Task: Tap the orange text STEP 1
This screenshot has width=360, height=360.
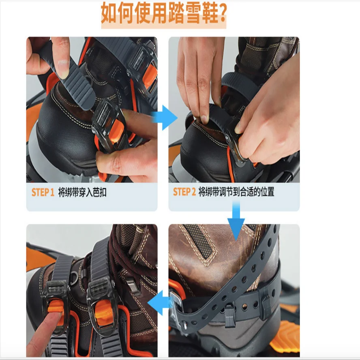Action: pyautogui.click(x=43, y=193)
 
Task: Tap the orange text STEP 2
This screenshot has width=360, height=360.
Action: pyautogui.click(x=184, y=192)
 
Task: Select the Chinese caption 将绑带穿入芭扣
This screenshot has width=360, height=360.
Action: pyautogui.click(x=82, y=193)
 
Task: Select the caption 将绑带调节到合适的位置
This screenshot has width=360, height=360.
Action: pyautogui.click(x=236, y=192)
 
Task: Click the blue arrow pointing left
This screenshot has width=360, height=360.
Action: pyautogui.click(x=160, y=302)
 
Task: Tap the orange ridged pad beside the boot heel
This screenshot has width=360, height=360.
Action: pyautogui.click(x=286, y=336)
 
